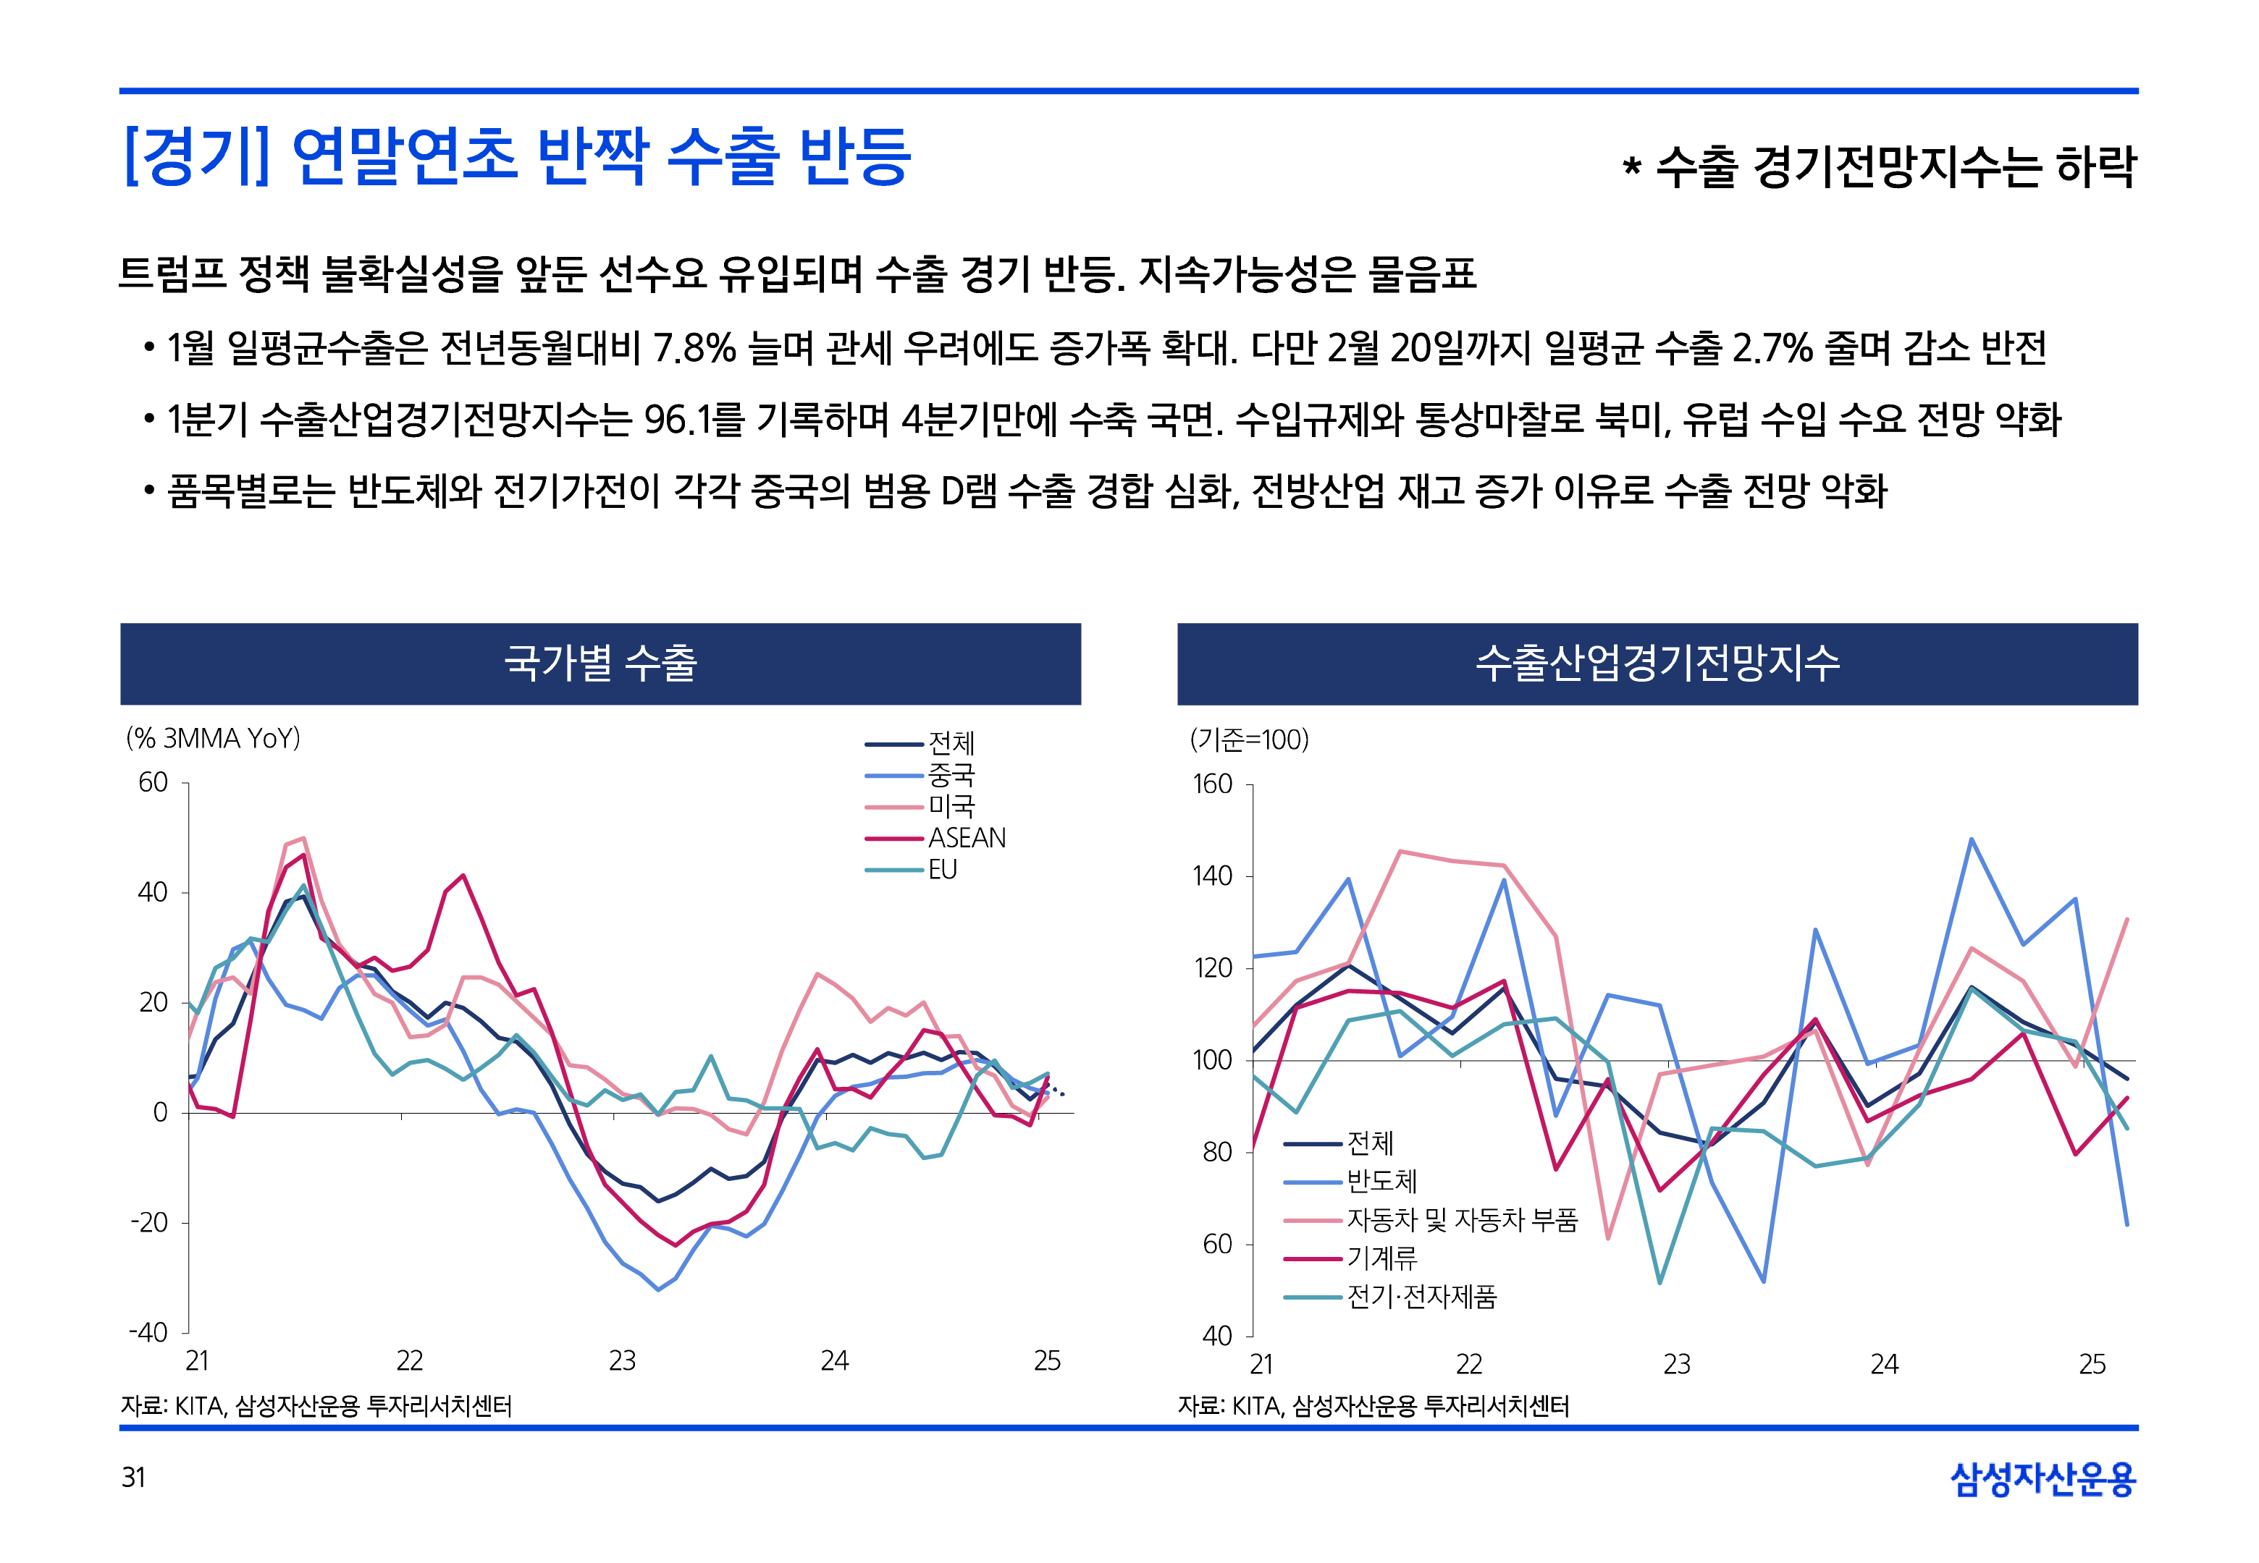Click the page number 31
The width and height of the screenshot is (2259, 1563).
(x=133, y=1477)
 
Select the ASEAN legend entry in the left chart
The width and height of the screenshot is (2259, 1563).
(x=966, y=838)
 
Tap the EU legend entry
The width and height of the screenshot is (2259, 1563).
(x=943, y=870)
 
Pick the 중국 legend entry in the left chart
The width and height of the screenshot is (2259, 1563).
(x=951, y=775)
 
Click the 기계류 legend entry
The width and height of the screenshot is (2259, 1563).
(x=1381, y=1258)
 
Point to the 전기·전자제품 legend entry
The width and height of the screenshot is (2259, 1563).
(x=1421, y=1297)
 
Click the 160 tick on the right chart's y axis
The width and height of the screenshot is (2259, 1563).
(x=1212, y=784)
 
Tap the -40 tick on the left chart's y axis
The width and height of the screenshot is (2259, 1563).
(x=149, y=1332)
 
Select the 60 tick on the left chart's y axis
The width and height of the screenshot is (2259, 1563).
(x=153, y=782)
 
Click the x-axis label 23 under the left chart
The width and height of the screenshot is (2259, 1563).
(x=622, y=1361)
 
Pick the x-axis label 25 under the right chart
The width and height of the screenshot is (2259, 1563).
(x=2092, y=1364)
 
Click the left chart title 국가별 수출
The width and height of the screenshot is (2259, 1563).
(x=600, y=663)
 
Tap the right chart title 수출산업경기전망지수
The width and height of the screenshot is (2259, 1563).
(x=1657, y=663)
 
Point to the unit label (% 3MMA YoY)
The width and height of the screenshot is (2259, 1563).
(x=214, y=738)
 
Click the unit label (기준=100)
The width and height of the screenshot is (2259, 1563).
(x=1249, y=740)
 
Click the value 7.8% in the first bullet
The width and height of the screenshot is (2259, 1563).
(x=694, y=347)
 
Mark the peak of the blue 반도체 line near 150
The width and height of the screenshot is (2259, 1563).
(x=1971, y=839)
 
